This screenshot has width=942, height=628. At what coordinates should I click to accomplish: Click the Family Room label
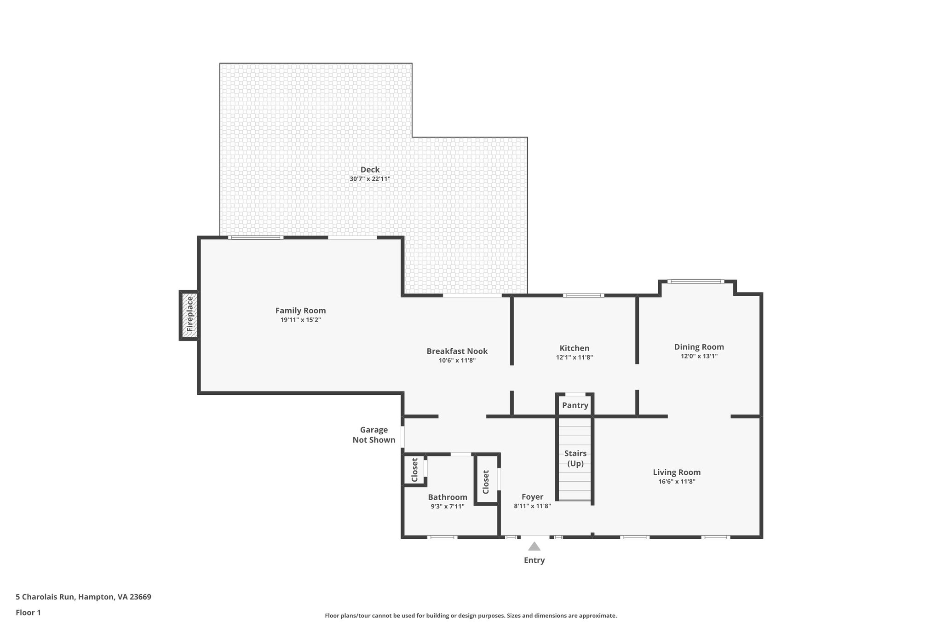(300, 311)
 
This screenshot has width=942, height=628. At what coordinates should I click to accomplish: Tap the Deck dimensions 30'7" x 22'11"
(370, 179)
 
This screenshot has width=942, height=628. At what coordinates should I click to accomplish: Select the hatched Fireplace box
(189, 315)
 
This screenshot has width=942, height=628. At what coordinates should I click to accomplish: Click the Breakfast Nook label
(457, 351)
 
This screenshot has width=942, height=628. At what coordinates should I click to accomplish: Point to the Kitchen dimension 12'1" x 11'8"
(574, 357)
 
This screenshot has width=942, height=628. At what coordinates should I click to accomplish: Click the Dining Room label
(699, 347)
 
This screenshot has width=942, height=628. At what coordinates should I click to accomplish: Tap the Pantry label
(575, 405)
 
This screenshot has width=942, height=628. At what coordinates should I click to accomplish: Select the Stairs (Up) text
(575, 458)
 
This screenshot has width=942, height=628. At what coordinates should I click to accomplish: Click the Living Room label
(677, 472)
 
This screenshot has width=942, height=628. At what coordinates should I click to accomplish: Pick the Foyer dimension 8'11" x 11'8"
(532, 506)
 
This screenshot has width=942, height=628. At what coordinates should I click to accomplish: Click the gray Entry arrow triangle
(534, 546)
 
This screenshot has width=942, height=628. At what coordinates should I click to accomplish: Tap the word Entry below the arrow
(534, 560)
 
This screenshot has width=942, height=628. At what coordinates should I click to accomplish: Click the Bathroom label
(448, 497)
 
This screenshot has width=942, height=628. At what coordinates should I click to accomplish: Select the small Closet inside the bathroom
(414, 470)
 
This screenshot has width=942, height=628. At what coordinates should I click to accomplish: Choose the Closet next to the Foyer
(486, 481)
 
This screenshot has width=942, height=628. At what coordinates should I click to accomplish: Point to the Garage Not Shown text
(374, 435)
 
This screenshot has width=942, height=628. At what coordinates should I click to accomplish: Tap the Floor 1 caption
(29, 612)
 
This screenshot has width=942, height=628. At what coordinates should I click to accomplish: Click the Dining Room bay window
(695, 282)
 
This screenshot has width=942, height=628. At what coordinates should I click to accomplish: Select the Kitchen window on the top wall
(583, 295)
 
